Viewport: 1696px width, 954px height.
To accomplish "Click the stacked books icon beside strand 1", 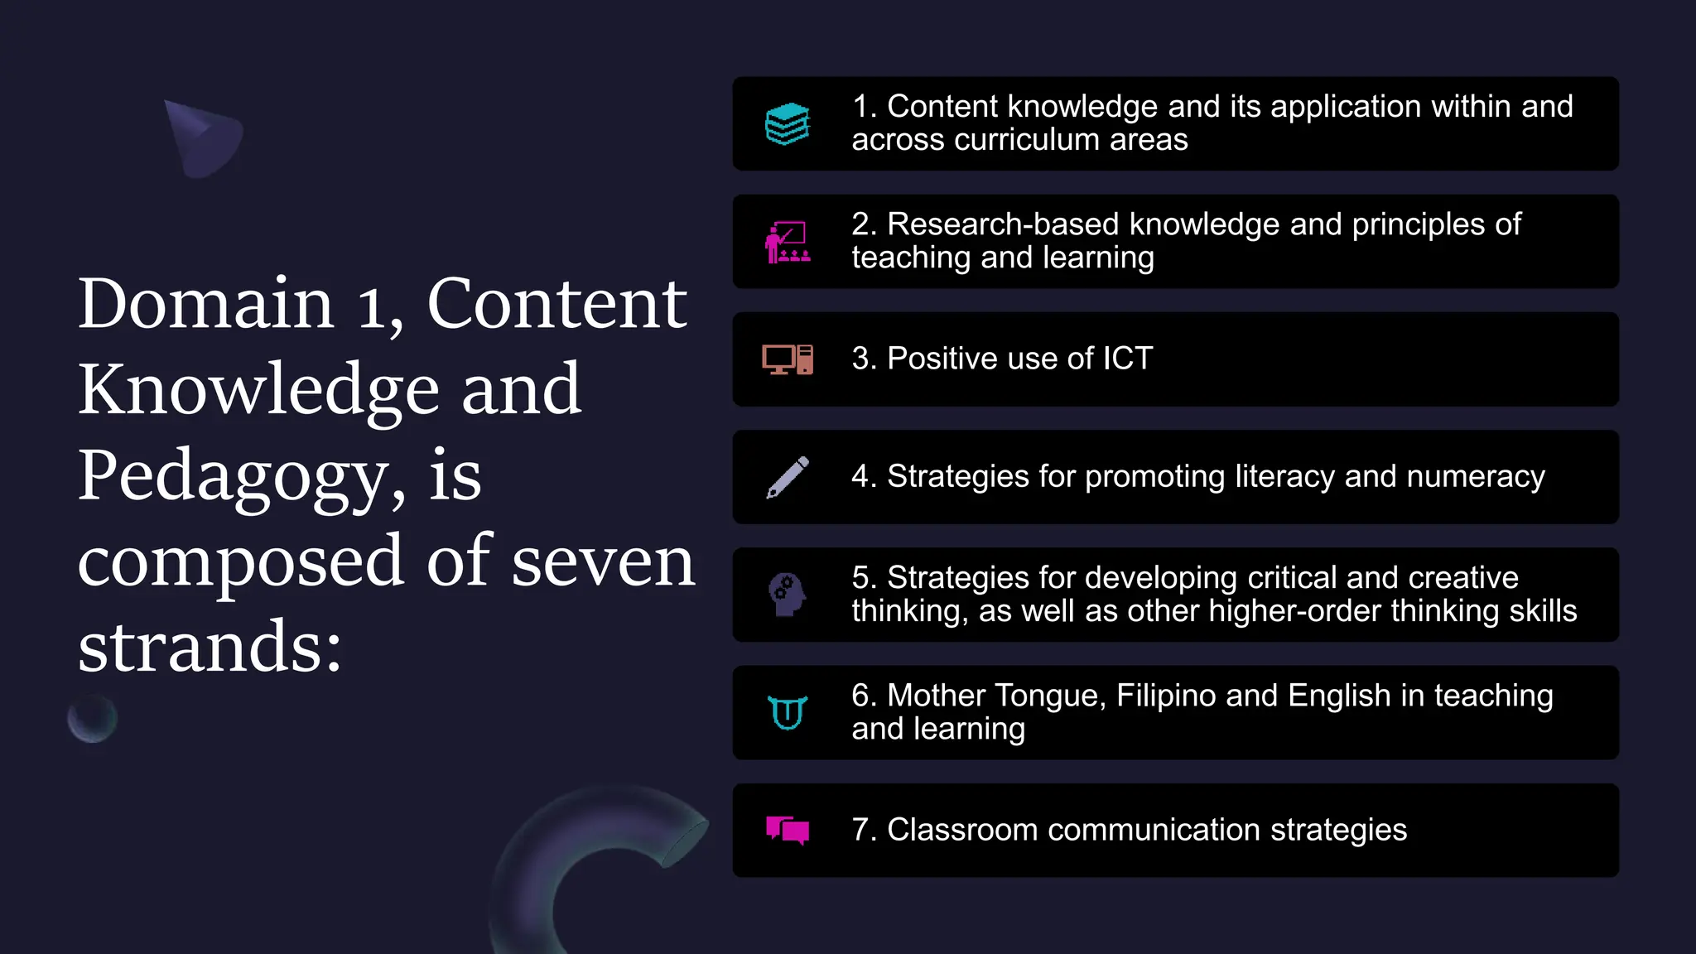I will click(x=787, y=124).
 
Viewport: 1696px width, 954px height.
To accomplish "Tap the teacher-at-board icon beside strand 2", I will click(x=787, y=243).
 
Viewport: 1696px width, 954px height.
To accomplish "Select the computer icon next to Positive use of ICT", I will click(x=787, y=359).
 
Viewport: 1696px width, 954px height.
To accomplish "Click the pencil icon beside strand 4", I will click(x=788, y=477).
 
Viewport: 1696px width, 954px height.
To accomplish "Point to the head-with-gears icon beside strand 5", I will click(x=787, y=595).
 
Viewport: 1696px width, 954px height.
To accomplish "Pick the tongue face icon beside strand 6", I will click(x=787, y=712).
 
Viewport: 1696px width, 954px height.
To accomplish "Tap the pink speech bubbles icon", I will click(x=787, y=830).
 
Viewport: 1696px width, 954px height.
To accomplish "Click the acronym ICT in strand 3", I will click(x=1127, y=359).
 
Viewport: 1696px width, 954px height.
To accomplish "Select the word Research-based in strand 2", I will click(x=1003, y=224).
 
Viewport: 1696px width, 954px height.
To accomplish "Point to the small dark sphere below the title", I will click(x=92, y=718).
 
